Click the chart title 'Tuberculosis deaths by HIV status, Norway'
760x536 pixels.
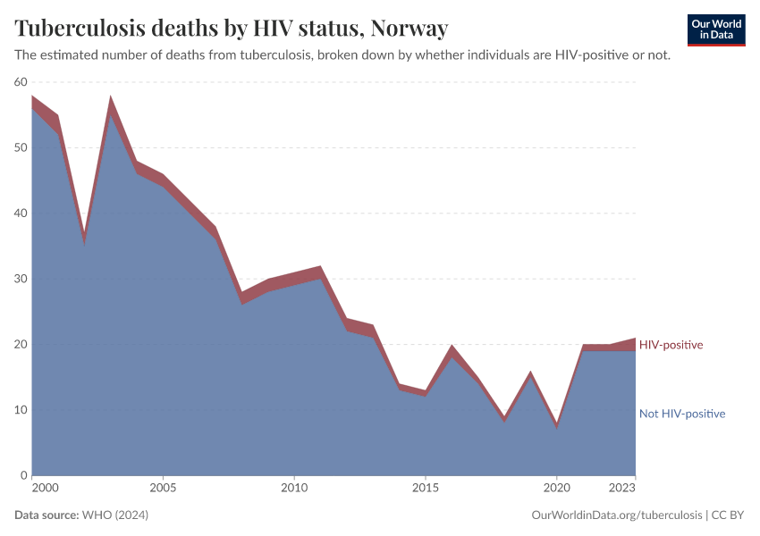[231, 29]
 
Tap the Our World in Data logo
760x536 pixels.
[715, 29]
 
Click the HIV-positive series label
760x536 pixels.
[671, 345]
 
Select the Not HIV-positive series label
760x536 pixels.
[681, 414]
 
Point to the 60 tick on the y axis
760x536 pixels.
[21, 82]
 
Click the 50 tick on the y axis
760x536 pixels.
[21, 147]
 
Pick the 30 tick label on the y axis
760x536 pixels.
[21, 279]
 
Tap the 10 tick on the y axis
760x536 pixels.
[21, 410]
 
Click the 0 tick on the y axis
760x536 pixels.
[25, 475]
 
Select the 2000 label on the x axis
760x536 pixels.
[45, 489]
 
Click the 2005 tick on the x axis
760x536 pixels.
[163, 489]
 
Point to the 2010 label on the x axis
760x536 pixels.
[294, 489]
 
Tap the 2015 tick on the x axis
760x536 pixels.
[425, 489]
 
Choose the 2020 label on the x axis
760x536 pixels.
[556, 489]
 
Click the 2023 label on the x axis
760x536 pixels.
[623, 489]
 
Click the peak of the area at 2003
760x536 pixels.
[111, 98]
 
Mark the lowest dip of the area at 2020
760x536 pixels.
[556, 425]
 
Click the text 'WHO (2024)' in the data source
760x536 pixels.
[114, 515]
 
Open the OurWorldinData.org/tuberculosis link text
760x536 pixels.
[616, 515]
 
